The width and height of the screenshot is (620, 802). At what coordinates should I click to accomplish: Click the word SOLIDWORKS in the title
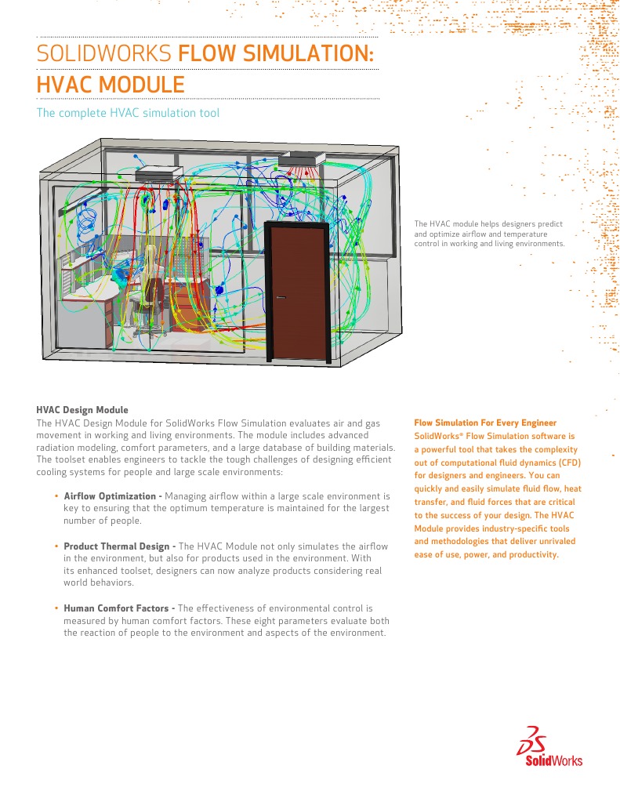pyautogui.click(x=104, y=54)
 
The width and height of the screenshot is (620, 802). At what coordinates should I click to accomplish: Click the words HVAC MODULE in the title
pyautogui.click(x=111, y=85)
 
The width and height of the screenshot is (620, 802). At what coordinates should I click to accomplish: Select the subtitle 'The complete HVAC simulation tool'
pyautogui.click(x=128, y=113)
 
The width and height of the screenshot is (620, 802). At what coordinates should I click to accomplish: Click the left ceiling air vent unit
pyautogui.click(x=159, y=173)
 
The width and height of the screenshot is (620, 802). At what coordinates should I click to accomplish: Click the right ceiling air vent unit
pyautogui.click(x=302, y=158)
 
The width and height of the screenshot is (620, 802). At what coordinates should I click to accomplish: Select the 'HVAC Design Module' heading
pyautogui.click(x=82, y=410)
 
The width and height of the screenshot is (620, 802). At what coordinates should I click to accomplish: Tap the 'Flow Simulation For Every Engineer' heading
pyautogui.click(x=485, y=423)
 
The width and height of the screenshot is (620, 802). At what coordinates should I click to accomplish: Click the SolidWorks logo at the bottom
pyautogui.click(x=549, y=750)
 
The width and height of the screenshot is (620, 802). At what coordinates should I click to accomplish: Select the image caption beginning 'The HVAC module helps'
pyautogui.click(x=489, y=234)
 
